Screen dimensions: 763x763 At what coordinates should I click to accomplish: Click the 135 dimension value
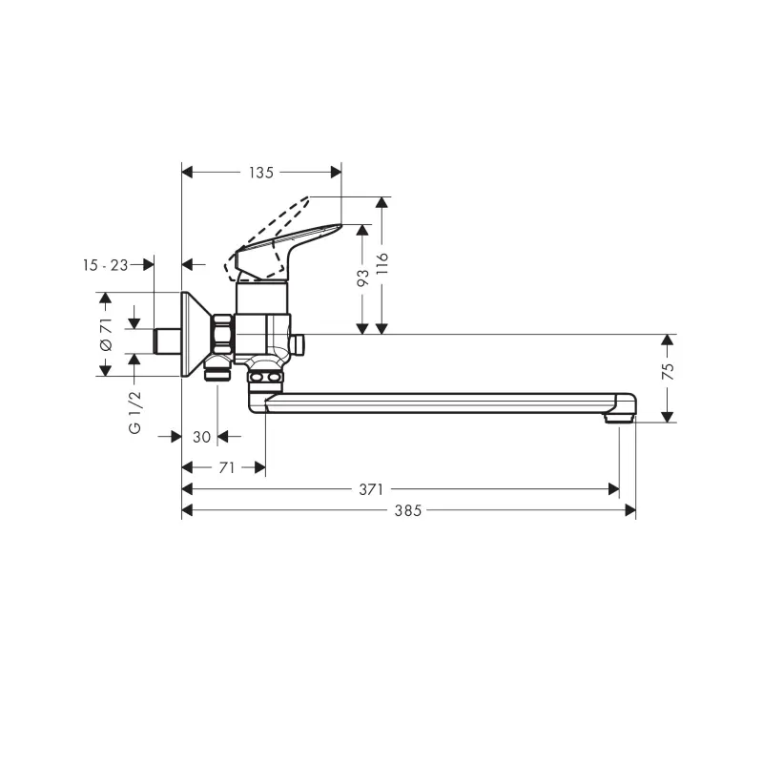pos(261,173)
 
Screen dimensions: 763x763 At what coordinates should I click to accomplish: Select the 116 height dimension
pos(382,263)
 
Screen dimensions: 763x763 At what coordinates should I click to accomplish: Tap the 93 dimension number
pos(363,278)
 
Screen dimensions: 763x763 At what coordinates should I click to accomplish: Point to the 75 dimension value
pos(670,371)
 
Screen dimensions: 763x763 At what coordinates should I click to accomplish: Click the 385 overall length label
pos(408,510)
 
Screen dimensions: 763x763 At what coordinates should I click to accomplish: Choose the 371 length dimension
pos(371,489)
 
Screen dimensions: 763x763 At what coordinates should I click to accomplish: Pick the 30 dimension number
pos(201,437)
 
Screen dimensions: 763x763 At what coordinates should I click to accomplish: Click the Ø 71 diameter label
pos(106,335)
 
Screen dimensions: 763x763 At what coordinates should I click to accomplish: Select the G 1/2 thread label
pos(134,412)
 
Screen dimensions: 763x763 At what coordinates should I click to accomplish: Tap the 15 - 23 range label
pos(105,265)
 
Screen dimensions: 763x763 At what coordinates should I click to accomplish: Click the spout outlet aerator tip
pos(619,418)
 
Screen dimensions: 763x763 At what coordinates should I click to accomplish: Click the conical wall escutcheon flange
pos(196,335)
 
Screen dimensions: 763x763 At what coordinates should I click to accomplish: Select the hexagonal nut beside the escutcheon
pos(222,335)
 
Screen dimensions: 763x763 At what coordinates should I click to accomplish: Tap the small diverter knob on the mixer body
pos(297,344)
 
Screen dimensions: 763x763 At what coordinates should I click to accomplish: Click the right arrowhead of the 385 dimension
pos(630,510)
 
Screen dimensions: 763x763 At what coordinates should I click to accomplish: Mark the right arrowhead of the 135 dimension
pos(336,173)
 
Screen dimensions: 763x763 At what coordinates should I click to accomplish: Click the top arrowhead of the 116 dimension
pos(382,203)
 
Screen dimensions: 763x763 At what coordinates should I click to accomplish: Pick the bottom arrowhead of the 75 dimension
pos(669,417)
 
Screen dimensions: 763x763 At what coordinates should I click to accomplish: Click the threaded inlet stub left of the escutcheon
pos(168,341)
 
